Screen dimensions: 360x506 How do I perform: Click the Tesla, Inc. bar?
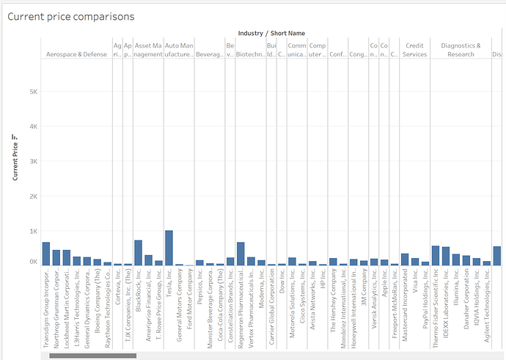169,248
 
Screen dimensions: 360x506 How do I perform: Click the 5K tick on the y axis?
33,92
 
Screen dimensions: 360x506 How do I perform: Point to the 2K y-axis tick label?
33,196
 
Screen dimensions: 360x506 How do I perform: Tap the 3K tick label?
33,161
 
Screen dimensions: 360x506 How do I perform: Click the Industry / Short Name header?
271,33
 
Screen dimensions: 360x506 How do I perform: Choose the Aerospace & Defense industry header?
76,54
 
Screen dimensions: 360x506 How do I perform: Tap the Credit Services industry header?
415,50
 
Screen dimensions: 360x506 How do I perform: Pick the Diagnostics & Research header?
461,50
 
